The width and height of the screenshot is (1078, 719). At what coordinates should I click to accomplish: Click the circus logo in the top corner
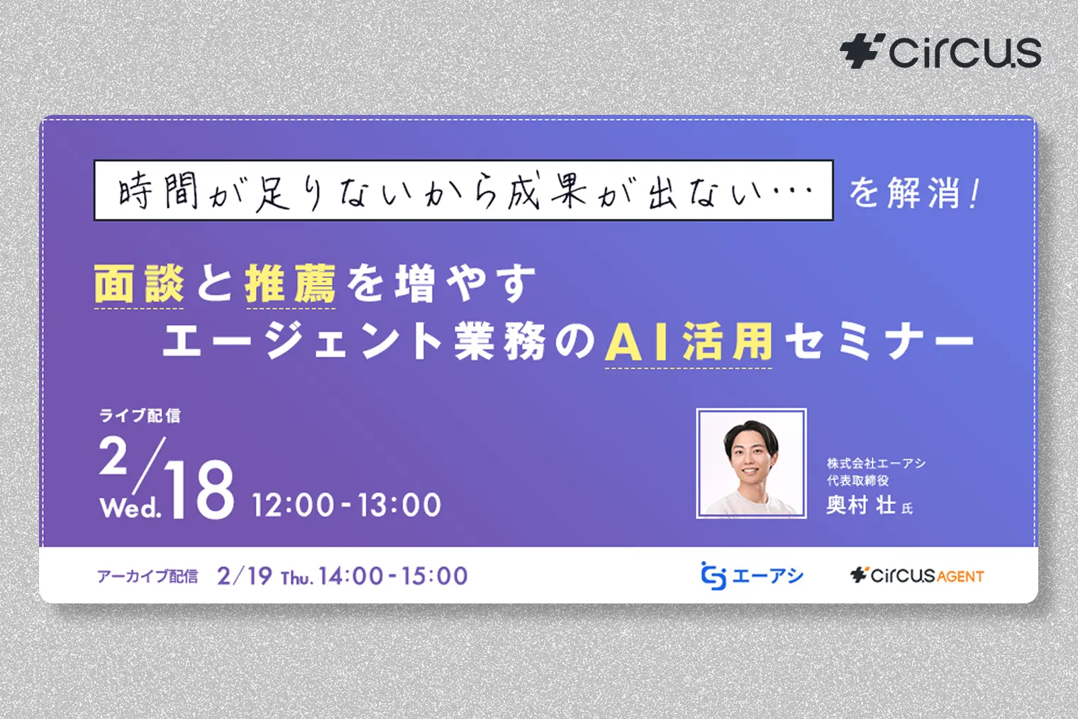pyautogui.click(x=940, y=52)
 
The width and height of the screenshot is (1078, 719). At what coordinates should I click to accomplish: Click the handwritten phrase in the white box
pyautogui.click(x=464, y=191)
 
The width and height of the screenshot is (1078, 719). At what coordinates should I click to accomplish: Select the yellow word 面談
pyautogui.click(x=139, y=284)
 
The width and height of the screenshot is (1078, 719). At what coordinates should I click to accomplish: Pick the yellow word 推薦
pyautogui.click(x=290, y=284)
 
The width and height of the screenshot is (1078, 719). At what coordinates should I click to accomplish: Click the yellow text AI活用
pyautogui.click(x=688, y=342)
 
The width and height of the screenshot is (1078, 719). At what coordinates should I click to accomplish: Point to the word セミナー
pyautogui.click(x=879, y=342)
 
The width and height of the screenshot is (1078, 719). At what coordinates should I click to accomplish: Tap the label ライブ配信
pyautogui.click(x=140, y=416)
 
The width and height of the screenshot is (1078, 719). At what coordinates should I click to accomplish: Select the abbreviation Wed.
pyautogui.click(x=130, y=507)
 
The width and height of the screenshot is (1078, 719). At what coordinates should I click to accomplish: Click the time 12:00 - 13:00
pyautogui.click(x=347, y=505)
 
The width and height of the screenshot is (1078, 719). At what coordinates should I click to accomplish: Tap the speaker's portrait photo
pyautogui.click(x=751, y=463)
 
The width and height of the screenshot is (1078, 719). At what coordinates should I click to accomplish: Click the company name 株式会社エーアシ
pyautogui.click(x=876, y=463)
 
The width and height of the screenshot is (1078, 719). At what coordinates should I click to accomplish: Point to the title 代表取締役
pyautogui.click(x=857, y=481)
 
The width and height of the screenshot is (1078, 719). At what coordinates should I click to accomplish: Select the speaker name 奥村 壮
pyautogui.click(x=861, y=505)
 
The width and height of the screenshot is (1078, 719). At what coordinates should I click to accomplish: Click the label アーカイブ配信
pyautogui.click(x=148, y=576)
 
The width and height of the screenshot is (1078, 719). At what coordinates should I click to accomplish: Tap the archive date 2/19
pyautogui.click(x=245, y=576)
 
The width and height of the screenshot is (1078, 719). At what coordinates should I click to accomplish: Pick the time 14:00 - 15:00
pyautogui.click(x=393, y=576)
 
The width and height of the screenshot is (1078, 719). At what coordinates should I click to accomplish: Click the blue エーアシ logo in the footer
pyautogui.click(x=752, y=576)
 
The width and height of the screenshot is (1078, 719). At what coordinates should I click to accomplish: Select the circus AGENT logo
pyautogui.click(x=917, y=575)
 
